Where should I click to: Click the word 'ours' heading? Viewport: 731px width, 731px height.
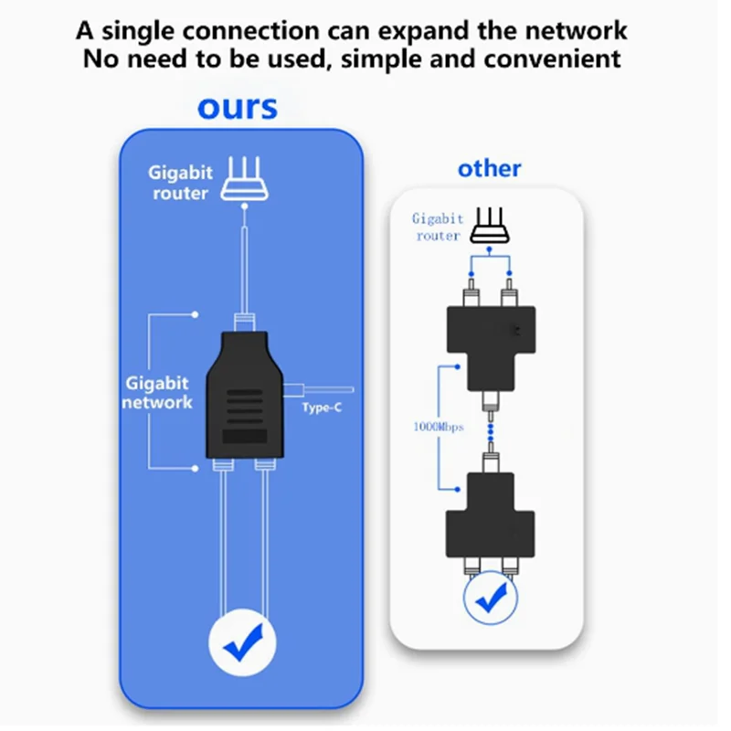(x=238, y=107)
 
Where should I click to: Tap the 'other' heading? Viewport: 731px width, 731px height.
(x=489, y=168)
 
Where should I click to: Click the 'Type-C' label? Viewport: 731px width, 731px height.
(x=321, y=408)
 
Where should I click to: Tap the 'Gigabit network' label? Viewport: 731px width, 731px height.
(x=157, y=393)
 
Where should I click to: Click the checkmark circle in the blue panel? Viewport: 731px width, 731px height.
(x=242, y=643)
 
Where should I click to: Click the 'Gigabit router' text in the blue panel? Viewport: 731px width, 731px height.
(x=179, y=183)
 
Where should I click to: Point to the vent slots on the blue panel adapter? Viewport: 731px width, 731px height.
(x=243, y=407)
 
